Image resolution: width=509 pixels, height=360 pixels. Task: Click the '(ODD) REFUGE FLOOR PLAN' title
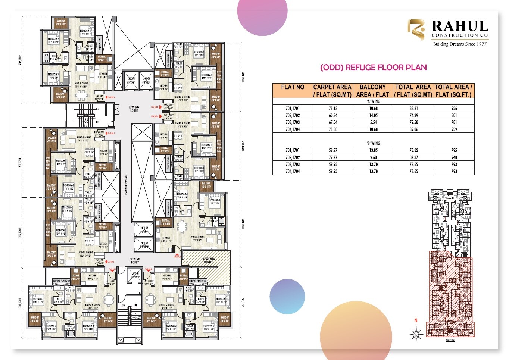pos(373,68)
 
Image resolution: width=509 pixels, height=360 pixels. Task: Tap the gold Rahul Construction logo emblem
pos(416,30)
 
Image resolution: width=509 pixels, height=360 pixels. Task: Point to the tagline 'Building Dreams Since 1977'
pos(460,44)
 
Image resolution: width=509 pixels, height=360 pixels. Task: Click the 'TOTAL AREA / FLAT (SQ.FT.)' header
pos(454,91)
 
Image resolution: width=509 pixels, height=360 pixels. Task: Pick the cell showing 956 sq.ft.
pos(454,109)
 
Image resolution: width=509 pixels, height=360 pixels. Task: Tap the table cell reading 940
pos(454,157)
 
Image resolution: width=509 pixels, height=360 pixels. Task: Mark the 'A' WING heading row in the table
pos(373,101)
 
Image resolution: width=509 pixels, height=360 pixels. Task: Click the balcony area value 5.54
pos(373,122)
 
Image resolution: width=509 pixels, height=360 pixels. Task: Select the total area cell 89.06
pos(413,129)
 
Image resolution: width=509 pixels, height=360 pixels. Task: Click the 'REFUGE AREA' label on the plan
pos(208,260)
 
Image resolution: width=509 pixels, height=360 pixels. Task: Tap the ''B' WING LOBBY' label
pos(134,109)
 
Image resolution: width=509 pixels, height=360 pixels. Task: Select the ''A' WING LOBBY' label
pos(135,261)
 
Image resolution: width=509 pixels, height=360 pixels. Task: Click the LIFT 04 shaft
pos(131,80)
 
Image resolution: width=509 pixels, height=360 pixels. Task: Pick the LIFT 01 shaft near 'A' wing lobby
pos(135,276)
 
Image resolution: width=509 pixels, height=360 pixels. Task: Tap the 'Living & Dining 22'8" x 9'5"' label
pos(197,238)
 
